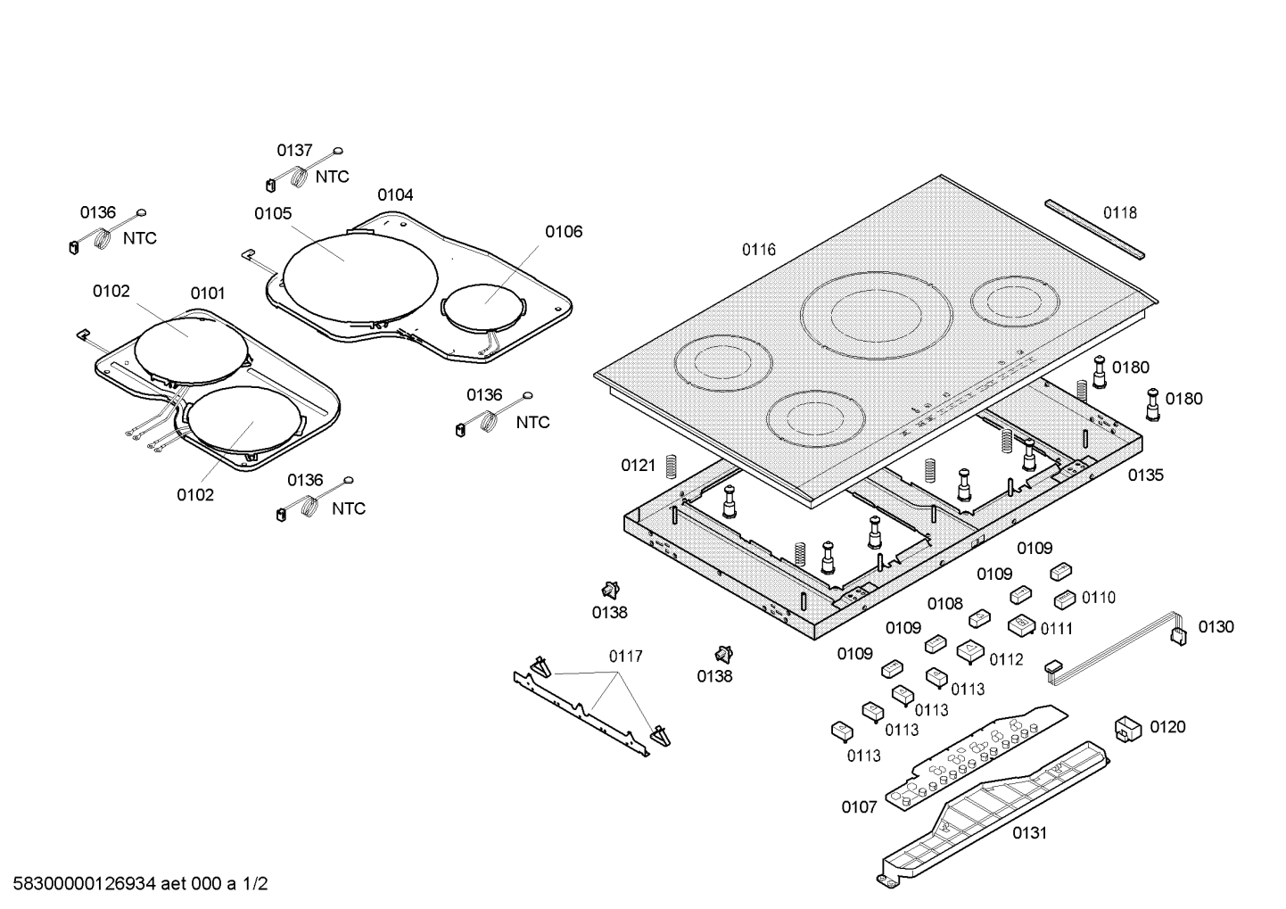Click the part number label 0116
pos(759,250)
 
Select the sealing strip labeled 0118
pos(1097,229)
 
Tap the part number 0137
pos(294,151)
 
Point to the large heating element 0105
pos(361,273)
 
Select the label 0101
pos(207,293)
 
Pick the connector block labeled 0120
pos(1127,728)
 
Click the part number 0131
pos(1029,833)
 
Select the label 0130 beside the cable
pos(1216,627)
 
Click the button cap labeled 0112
pos(970,652)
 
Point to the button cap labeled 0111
pos(1021,625)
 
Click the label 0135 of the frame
pos(1145,475)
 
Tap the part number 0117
pos(625,657)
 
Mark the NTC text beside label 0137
pos(332,177)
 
